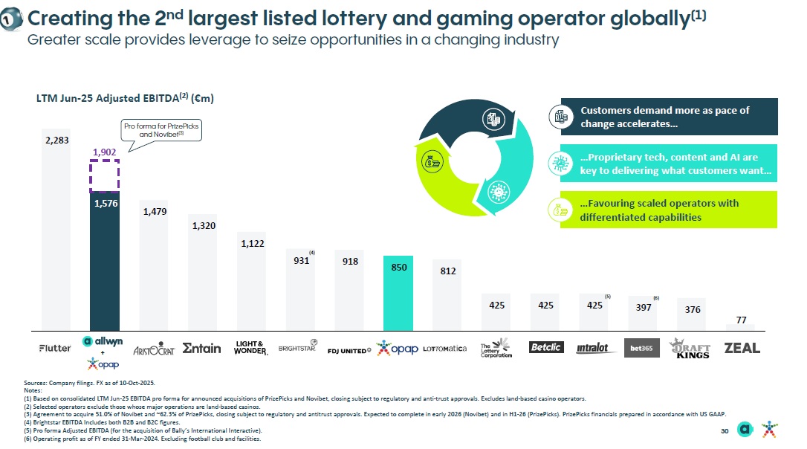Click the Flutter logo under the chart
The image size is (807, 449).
pos(55,348)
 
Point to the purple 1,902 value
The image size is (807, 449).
pos(104,152)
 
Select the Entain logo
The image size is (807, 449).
pos(201,348)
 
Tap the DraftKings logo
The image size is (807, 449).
pos(690,349)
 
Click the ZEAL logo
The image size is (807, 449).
pos(742,348)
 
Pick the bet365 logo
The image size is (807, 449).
pos(641,348)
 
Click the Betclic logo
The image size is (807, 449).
pos(546,347)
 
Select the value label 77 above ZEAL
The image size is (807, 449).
pos(741,320)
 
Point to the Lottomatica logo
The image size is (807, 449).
pos(445,349)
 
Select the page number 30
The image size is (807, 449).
pos(725,432)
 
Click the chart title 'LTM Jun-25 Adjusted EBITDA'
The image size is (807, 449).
pos(126,97)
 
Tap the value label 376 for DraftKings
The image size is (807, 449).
pos(692,309)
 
